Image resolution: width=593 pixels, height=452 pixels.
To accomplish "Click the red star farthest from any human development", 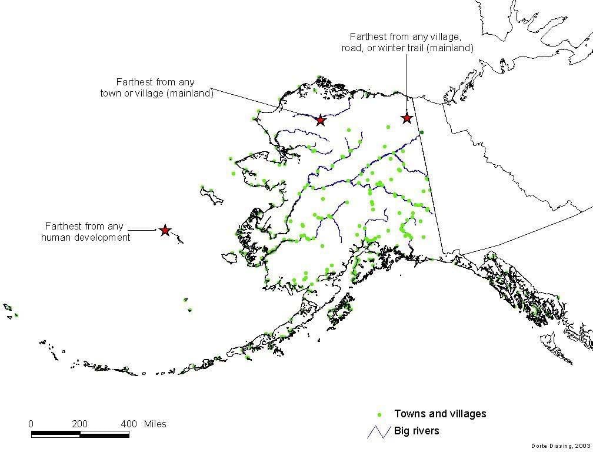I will pyautogui.click(x=165, y=231).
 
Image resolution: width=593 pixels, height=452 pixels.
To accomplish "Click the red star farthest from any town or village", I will pyautogui.click(x=320, y=120).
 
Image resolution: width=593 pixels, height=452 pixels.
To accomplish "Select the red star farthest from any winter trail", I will pyautogui.click(x=407, y=118).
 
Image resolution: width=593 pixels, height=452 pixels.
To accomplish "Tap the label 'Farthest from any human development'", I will pyautogui.click(x=86, y=232).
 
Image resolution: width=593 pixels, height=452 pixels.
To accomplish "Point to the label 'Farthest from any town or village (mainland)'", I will pyautogui.click(x=155, y=88).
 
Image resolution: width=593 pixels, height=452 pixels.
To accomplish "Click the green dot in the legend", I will pyautogui.click(x=379, y=414).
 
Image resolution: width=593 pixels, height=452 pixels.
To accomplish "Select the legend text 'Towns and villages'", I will pyautogui.click(x=440, y=414).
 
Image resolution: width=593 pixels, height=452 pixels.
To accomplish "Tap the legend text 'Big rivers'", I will pyautogui.click(x=417, y=431).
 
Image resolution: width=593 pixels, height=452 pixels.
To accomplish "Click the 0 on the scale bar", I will pyautogui.click(x=31, y=424).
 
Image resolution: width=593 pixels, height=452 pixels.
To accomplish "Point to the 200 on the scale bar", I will pyautogui.click(x=80, y=424).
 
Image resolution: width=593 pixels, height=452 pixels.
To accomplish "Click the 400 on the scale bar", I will pyautogui.click(x=129, y=424).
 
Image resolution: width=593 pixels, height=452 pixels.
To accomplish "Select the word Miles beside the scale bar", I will pyautogui.click(x=154, y=424).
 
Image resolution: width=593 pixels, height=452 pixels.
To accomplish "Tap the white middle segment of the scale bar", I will pyautogui.click(x=104, y=434).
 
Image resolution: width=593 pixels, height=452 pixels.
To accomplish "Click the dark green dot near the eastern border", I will pyautogui.click(x=421, y=132).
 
